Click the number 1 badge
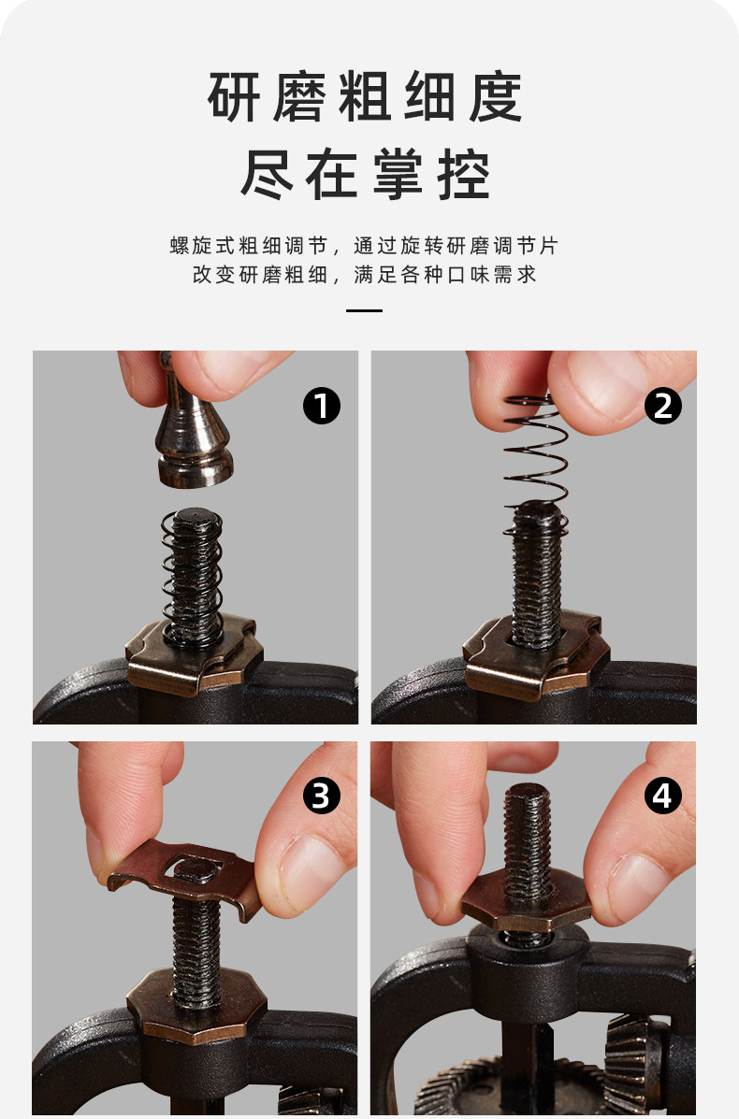[x=321, y=406]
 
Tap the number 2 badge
[x=662, y=406]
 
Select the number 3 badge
[x=321, y=796]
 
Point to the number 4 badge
[x=662, y=796]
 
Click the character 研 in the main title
[x=234, y=97]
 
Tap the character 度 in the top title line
[x=496, y=97]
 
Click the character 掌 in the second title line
[x=398, y=174]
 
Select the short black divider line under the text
[x=364, y=310]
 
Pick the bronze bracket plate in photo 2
[x=535, y=655]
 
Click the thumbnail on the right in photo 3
[x=308, y=873]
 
